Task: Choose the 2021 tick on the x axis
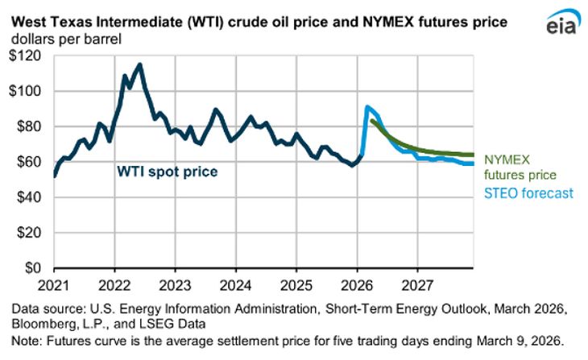[55, 284]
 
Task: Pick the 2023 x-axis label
[176, 284]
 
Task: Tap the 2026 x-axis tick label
[357, 284]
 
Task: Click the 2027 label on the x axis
[417, 284]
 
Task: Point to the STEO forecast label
[528, 193]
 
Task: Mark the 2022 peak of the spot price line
[140, 64]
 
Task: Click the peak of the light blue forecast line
[367, 106]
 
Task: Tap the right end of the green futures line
[472, 155]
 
